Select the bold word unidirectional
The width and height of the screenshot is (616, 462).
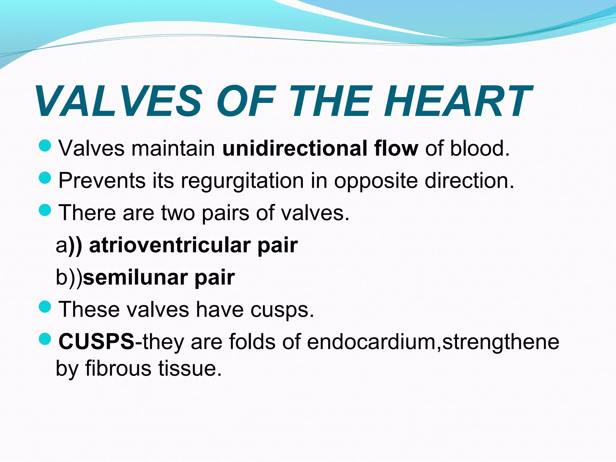tap(294, 148)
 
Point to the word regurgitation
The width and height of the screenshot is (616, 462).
tap(242, 181)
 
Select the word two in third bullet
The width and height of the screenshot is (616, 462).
tap(178, 213)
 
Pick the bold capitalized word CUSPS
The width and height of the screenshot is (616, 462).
tap(97, 342)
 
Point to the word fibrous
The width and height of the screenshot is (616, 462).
tap(118, 368)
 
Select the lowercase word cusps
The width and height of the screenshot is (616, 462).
tap(282, 310)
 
